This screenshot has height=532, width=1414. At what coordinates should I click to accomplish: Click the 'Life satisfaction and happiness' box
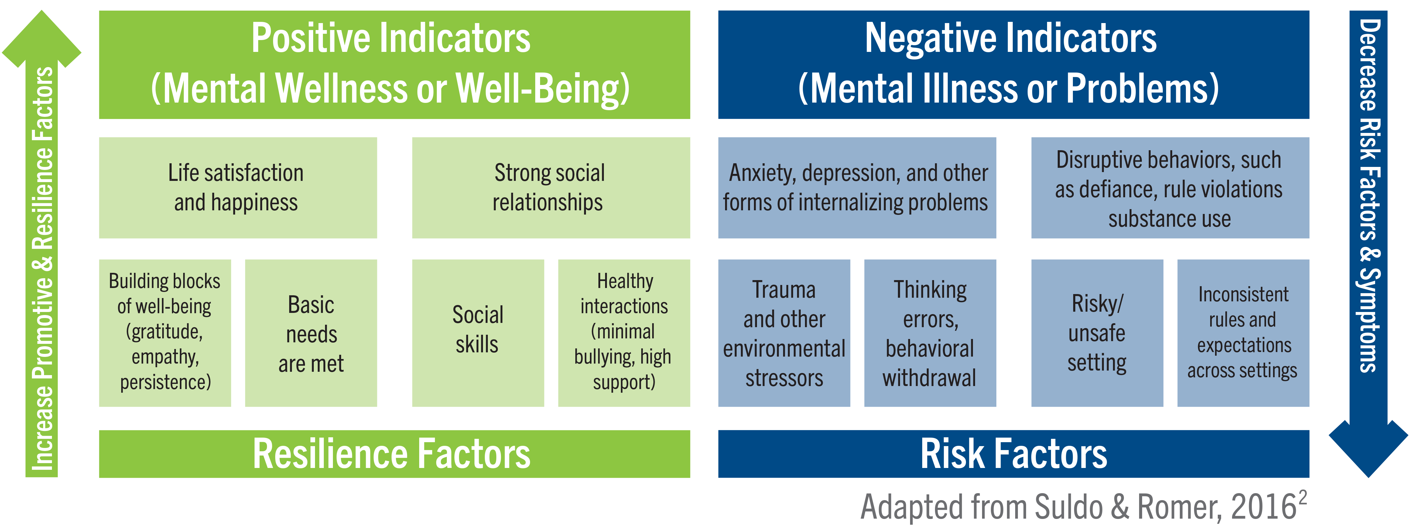[238, 188]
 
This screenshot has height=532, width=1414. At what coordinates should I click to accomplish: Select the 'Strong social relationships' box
[550, 188]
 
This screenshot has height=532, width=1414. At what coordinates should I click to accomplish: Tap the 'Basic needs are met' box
[311, 333]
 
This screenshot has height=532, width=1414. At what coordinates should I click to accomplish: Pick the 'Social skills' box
[478, 333]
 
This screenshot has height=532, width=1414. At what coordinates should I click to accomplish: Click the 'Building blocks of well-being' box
[165, 333]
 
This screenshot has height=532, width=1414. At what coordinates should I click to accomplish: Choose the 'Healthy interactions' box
[624, 333]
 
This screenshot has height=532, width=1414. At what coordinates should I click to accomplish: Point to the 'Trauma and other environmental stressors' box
[784, 333]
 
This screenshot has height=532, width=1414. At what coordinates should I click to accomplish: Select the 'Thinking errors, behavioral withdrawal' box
[930, 333]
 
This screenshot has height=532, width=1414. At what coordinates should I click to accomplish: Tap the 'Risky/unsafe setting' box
[1097, 333]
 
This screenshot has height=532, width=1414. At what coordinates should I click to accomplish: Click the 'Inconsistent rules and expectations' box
[1243, 333]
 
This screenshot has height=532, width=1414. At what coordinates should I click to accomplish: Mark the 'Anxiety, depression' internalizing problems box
[857, 188]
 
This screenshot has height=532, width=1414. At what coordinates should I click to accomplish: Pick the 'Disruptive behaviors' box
[1170, 188]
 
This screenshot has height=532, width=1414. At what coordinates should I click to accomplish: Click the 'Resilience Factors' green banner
[394, 454]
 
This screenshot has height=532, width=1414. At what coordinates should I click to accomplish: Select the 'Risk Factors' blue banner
[1013, 454]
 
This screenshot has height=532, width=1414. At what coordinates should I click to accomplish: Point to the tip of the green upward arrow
[42, 11]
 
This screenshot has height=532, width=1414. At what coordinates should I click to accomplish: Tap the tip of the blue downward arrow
[1368, 476]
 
